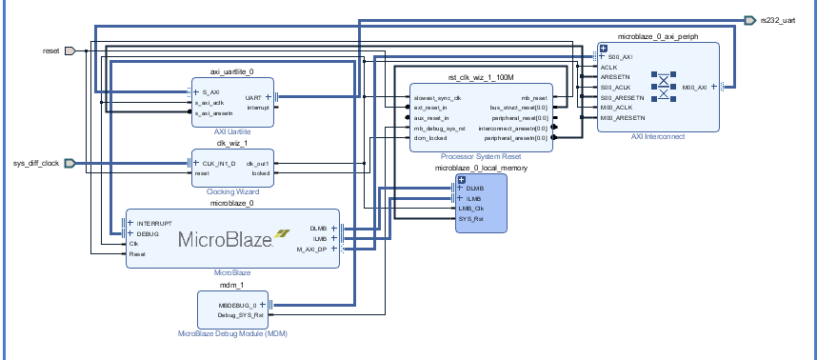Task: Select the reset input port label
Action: coord(51,50)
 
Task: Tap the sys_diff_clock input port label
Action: coord(37,163)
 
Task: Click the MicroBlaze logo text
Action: coord(225,240)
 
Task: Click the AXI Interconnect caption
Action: coord(658,136)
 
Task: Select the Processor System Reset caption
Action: coord(481,156)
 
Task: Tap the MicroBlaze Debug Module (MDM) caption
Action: coord(232,333)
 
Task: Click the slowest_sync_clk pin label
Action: coord(438,97)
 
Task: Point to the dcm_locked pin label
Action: coord(431,138)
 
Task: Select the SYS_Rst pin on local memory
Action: coord(471,218)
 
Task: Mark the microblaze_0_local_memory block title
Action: coord(481,168)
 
